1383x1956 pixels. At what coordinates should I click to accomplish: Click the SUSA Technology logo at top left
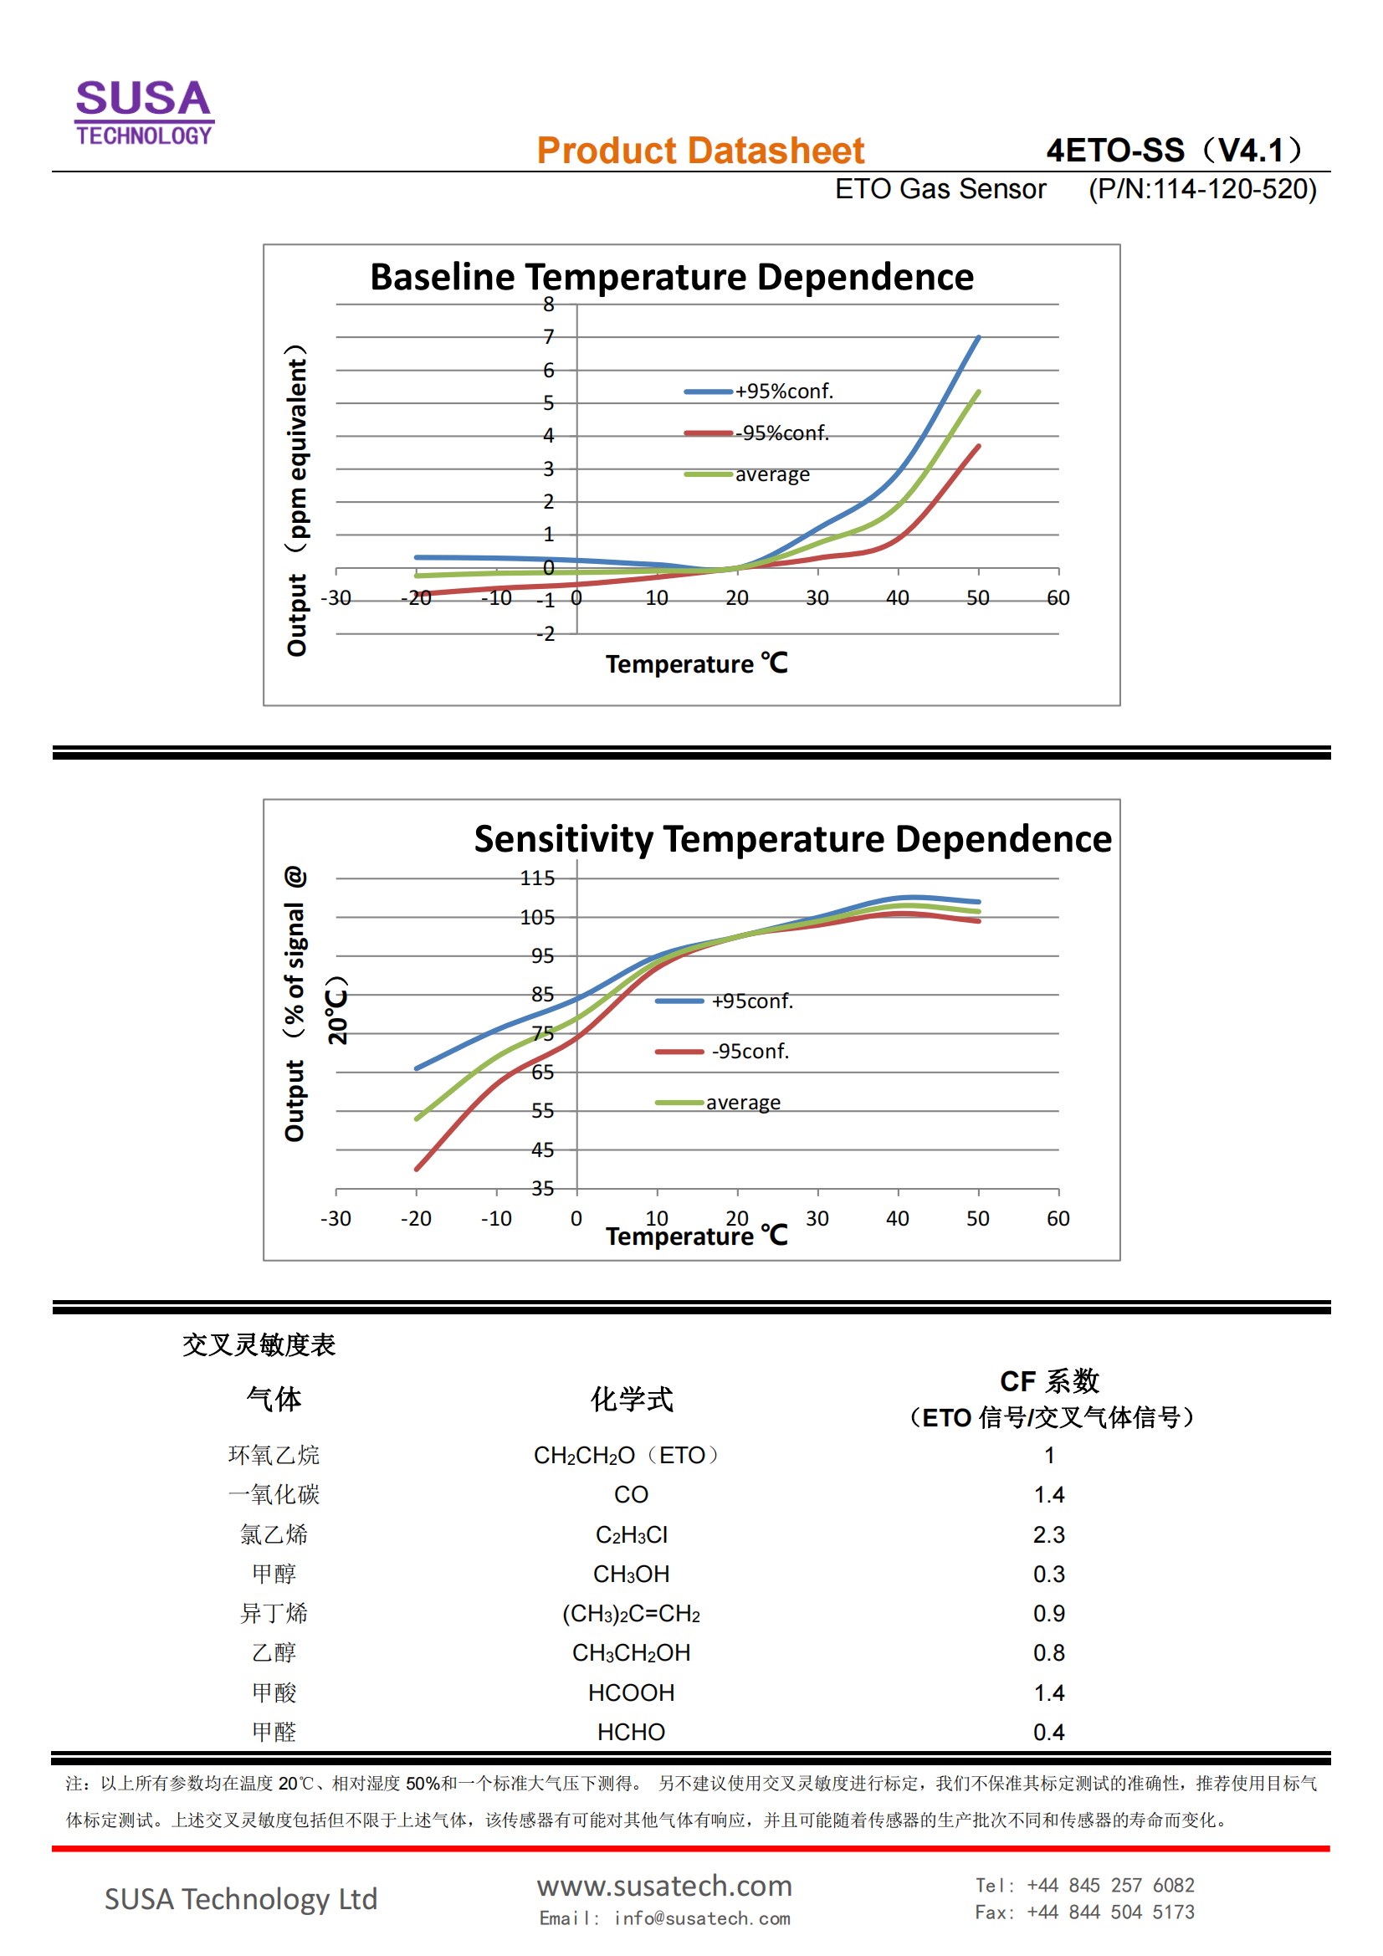coord(144,110)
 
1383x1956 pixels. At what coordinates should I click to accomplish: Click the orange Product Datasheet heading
coord(699,151)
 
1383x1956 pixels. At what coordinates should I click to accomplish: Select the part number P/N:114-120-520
coord(1201,189)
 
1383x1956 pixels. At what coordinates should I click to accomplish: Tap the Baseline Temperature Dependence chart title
coord(672,277)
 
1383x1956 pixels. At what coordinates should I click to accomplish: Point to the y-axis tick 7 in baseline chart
coord(549,337)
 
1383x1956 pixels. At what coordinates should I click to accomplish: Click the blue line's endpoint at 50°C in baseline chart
coord(978,337)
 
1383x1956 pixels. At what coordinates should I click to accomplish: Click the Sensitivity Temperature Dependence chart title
coord(792,839)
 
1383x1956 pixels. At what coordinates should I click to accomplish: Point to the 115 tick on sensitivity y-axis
coord(537,878)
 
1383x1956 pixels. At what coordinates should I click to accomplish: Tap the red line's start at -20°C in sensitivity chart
coord(417,1169)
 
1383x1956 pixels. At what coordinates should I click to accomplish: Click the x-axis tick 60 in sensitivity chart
coord(1058,1218)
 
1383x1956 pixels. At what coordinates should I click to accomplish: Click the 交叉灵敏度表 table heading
coord(259,1344)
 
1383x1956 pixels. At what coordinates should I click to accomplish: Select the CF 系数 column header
coord(1049,1381)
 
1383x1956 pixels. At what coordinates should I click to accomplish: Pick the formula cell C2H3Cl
coord(631,1534)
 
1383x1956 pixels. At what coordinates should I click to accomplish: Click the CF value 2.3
coord(1048,1534)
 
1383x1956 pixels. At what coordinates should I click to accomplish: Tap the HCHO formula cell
coord(631,1732)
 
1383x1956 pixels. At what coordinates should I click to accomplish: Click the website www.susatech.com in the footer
coord(663,1886)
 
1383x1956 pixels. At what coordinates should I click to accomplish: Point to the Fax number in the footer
coord(1084,1912)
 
